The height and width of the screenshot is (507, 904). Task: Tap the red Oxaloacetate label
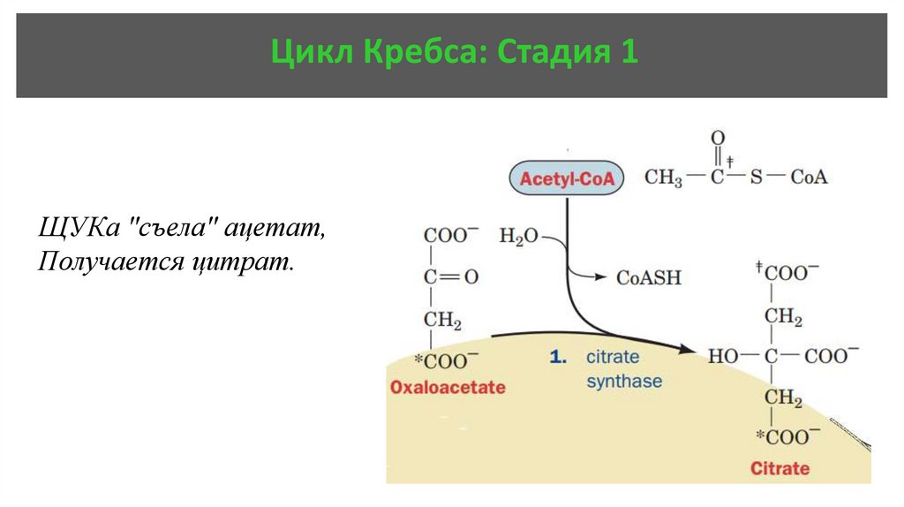point(448,387)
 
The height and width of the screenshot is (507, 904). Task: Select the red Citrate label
point(780,467)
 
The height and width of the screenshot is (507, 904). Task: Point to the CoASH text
point(649,277)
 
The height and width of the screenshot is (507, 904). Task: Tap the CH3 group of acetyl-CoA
point(663,178)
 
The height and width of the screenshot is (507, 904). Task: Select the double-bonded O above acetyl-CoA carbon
point(718,138)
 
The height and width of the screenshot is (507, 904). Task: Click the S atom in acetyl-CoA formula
point(756,178)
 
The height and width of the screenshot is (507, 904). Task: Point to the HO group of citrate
point(724,356)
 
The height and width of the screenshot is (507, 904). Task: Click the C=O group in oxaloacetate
point(450,277)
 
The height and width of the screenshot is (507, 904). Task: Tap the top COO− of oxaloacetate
point(450,236)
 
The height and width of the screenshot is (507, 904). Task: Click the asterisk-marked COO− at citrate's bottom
point(783,437)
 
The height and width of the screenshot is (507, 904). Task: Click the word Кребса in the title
point(419,54)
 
